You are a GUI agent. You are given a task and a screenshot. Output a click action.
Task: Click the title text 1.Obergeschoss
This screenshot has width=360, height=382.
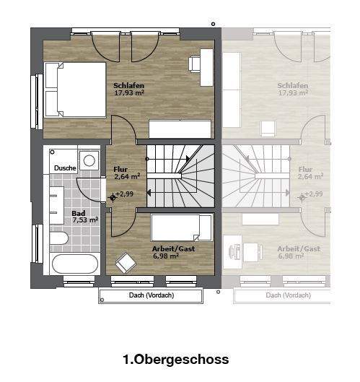(176, 359)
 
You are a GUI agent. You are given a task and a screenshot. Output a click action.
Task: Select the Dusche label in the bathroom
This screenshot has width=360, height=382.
(65, 168)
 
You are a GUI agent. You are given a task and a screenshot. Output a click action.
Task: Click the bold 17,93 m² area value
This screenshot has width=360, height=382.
(129, 93)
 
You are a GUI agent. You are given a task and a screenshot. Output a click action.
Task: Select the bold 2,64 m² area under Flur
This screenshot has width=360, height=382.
(126, 176)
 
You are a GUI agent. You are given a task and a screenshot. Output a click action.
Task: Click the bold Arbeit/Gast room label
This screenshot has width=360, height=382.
(173, 249)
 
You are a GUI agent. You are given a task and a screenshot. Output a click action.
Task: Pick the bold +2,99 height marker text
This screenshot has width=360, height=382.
(124, 194)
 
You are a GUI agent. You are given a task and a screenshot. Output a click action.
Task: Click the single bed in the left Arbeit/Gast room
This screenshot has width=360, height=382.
(182, 227)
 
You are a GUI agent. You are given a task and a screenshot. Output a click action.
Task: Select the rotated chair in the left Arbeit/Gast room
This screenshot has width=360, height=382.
(126, 261)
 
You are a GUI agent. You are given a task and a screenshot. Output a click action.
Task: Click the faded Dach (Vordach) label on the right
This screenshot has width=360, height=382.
(288, 296)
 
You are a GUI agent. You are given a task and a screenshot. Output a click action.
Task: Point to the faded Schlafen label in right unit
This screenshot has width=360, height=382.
(293, 85)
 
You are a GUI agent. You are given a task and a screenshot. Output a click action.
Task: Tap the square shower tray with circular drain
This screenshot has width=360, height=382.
(89, 160)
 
